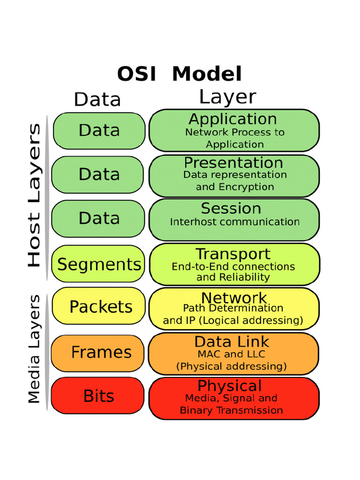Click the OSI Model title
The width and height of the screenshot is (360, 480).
pyautogui.click(x=179, y=74)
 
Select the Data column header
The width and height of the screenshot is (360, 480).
pyautogui.click(x=97, y=99)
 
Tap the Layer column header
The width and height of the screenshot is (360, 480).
pyautogui.click(x=227, y=97)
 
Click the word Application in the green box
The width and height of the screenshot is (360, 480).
pyautogui.click(x=232, y=119)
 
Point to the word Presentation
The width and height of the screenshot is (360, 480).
pyautogui.click(x=233, y=163)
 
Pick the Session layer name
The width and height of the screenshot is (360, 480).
pyautogui.click(x=231, y=208)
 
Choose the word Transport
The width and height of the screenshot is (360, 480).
pyautogui.click(x=233, y=254)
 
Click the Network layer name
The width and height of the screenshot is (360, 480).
pyautogui.click(x=233, y=298)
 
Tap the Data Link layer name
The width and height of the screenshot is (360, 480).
pyautogui.click(x=232, y=342)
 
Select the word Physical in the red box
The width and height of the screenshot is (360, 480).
pyautogui.click(x=229, y=386)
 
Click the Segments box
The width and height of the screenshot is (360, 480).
pyautogui.click(x=99, y=264)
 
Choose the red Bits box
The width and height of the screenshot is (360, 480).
pyautogui.click(x=98, y=396)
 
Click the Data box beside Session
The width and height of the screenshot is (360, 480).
pyautogui.click(x=99, y=218)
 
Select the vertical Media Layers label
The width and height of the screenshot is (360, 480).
pyautogui.click(x=34, y=349)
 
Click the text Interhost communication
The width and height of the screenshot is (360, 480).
pyautogui.click(x=234, y=222)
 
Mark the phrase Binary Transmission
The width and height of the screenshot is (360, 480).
pyautogui.click(x=231, y=411)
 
